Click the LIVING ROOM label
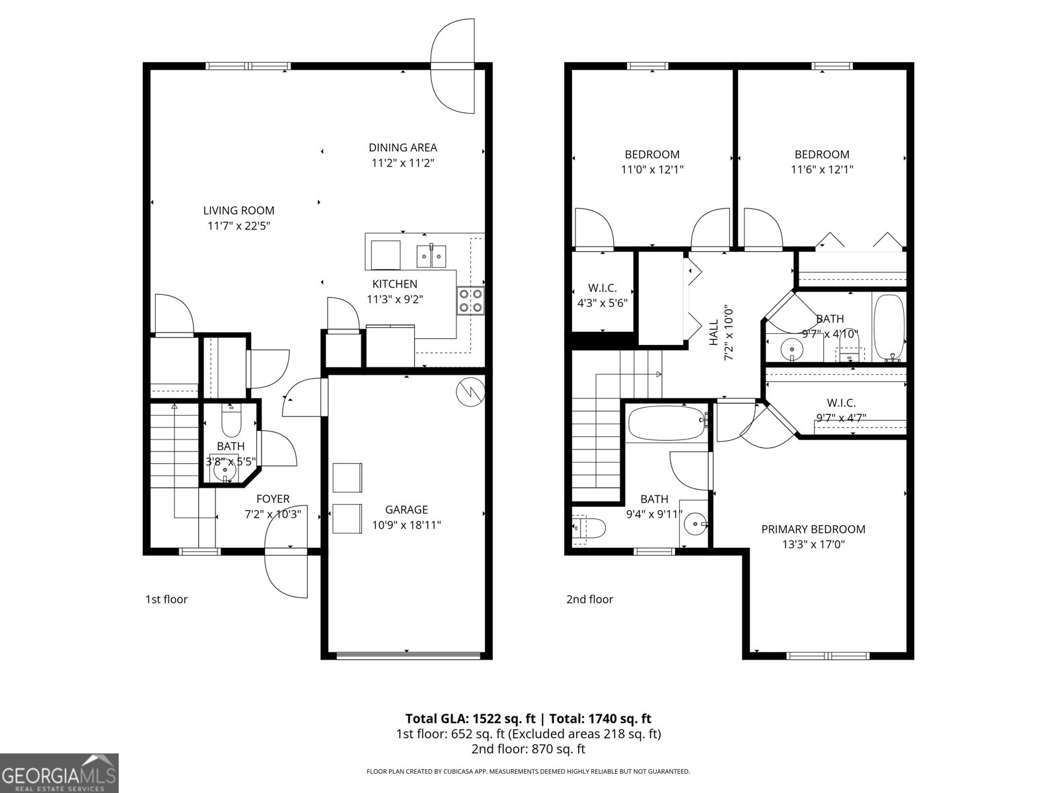(x=238, y=211)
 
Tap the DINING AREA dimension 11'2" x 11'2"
(x=402, y=163)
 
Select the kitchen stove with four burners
(x=470, y=301)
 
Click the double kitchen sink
(x=431, y=256)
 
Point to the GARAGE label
(x=406, y=510)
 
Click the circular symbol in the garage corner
(x=470, y=392)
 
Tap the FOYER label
(x=273, y=499)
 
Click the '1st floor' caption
(x=166, y=599)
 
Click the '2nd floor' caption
(x=589, y=599)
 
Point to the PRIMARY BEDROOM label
(x=813, y=529)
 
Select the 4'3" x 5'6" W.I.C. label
(x=602, y=289)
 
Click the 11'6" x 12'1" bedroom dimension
(x=822, y=169)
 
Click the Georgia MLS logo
(x=59, y=773)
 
